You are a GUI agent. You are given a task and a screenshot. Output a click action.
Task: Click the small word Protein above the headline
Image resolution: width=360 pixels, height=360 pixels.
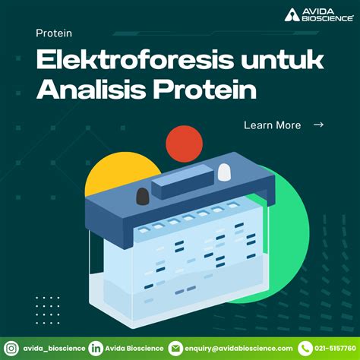click(54, 33)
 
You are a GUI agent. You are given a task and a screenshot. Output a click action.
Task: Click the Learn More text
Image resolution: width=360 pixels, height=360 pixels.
click(272, 125)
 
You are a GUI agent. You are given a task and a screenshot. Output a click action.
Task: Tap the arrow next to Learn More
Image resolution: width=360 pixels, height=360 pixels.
click(318, 125)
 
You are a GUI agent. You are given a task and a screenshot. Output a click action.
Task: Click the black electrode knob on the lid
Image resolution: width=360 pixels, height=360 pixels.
click(143, 197)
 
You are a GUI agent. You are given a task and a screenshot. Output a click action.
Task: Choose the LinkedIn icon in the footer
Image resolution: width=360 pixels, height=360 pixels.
click(96, 347)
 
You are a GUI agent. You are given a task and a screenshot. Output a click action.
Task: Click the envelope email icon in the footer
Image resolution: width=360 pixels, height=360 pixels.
click(175, 347)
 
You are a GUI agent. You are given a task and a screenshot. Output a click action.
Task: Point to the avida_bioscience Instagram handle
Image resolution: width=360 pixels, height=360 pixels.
click(52, 348)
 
